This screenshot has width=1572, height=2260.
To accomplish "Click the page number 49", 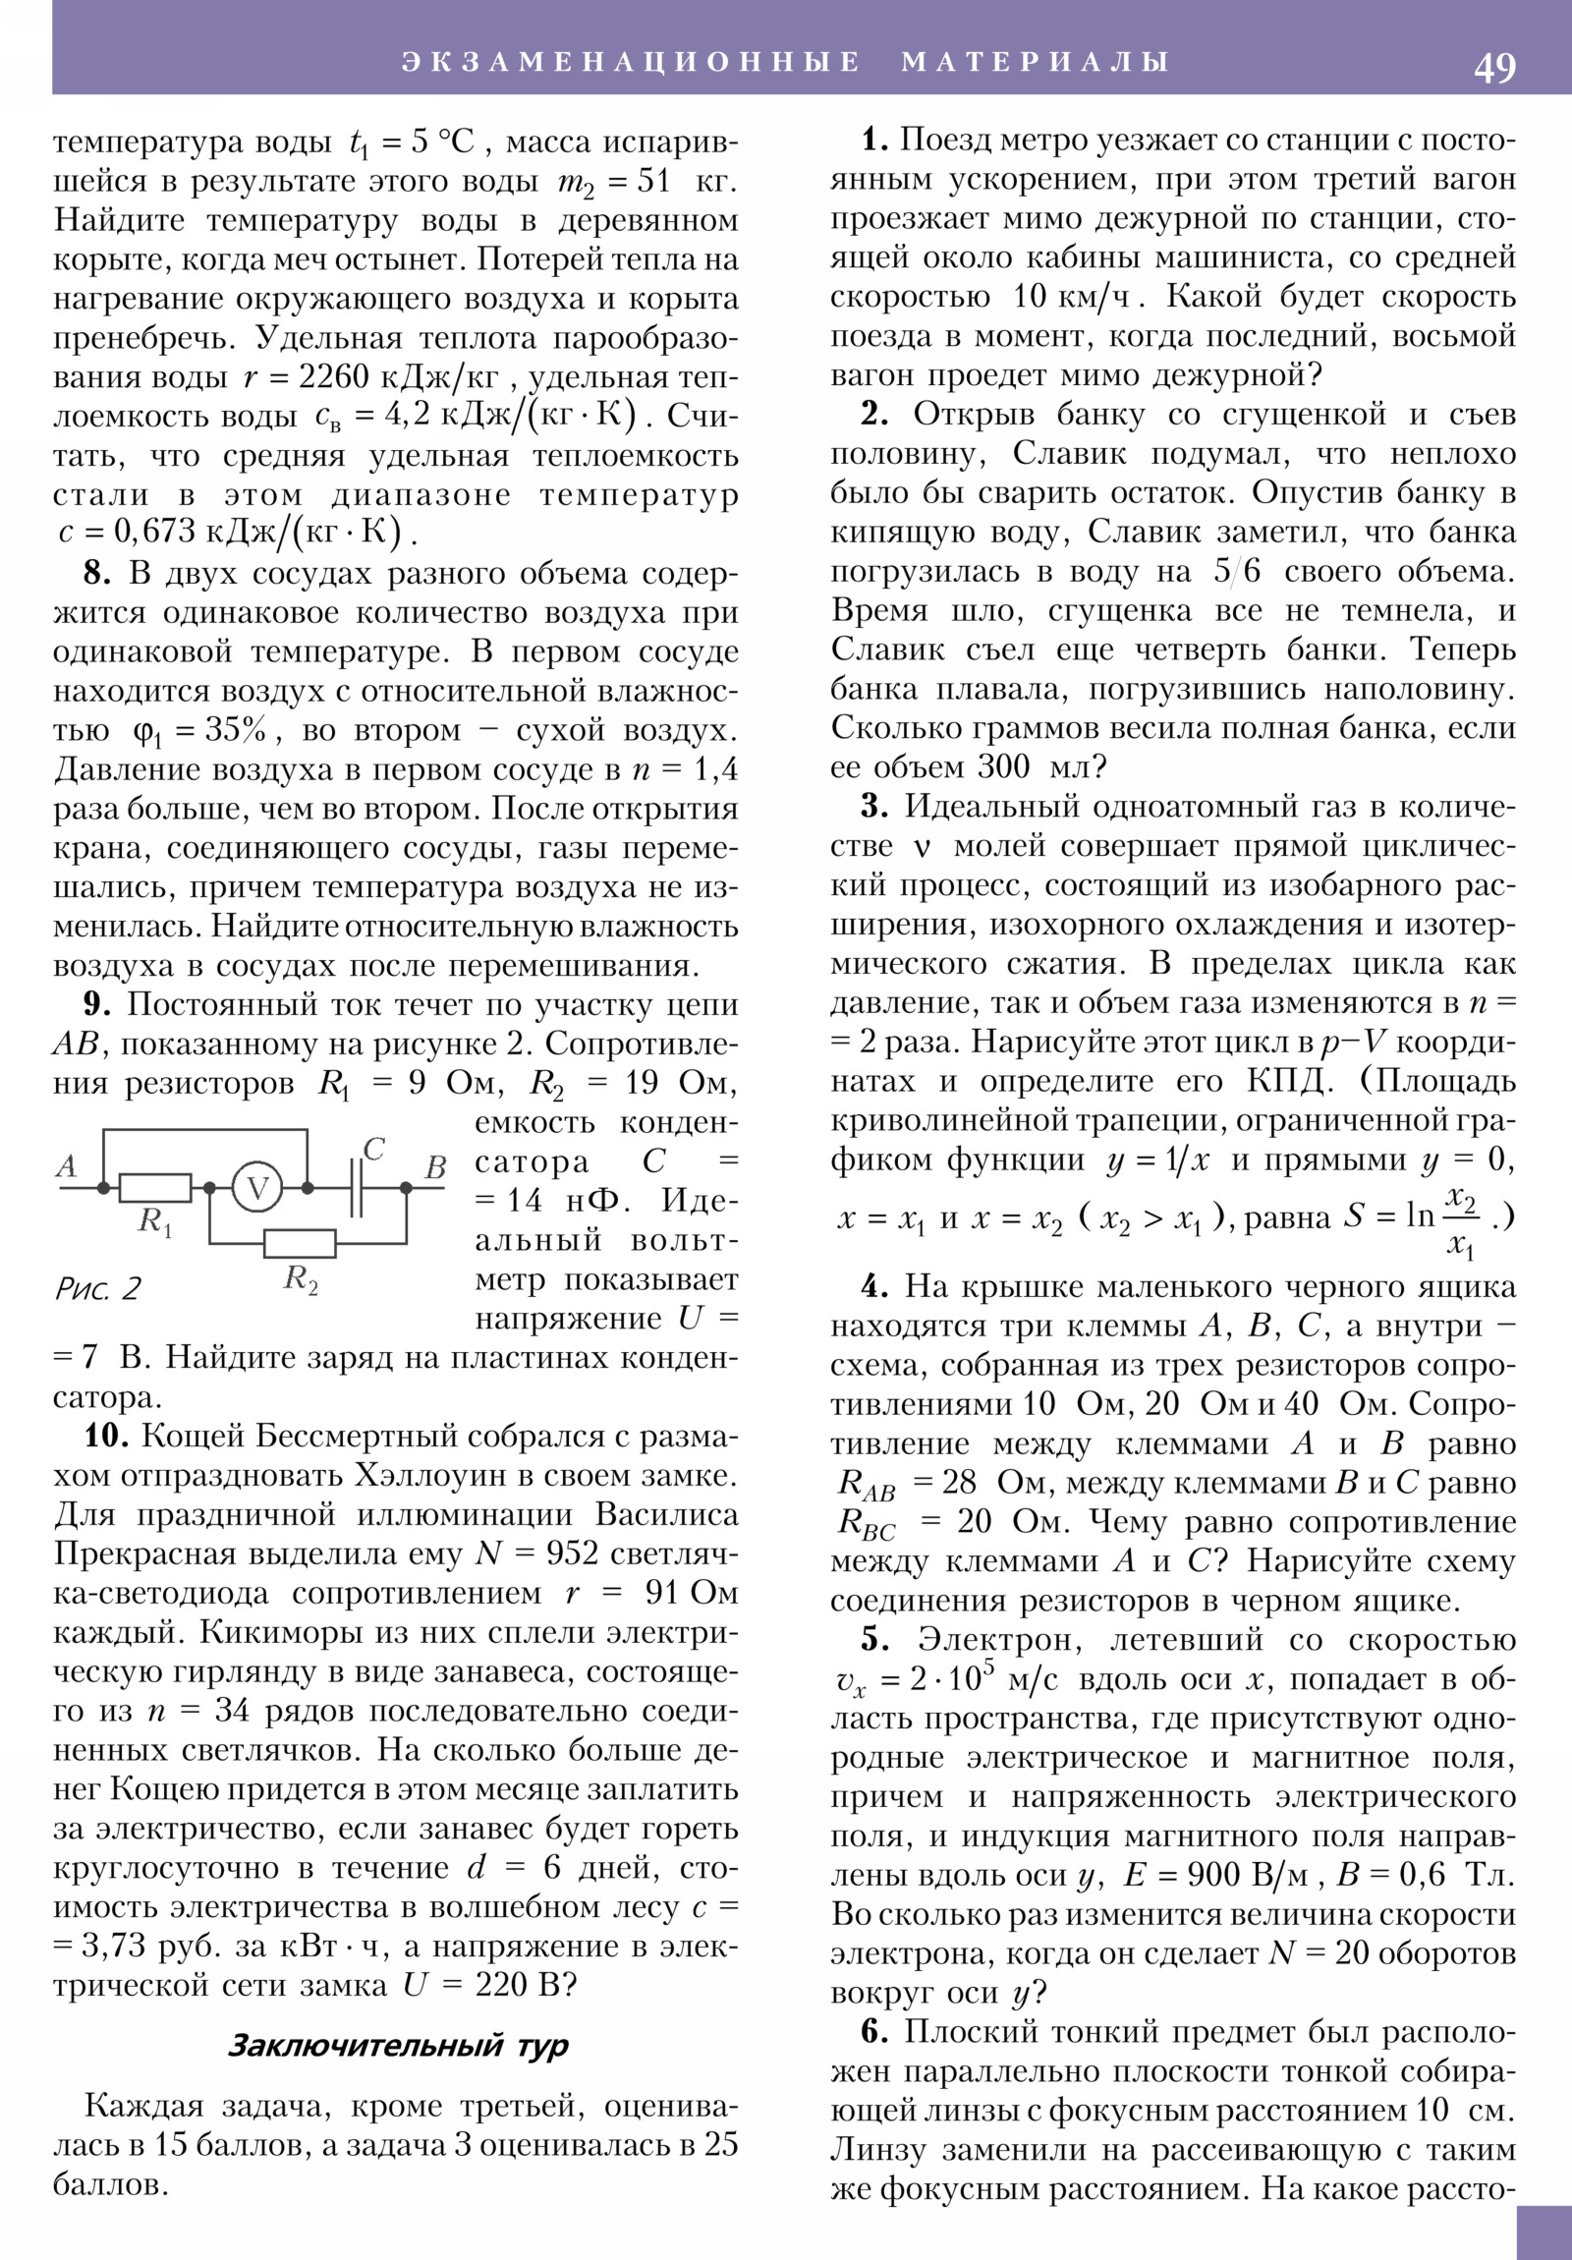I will coord(1494,68).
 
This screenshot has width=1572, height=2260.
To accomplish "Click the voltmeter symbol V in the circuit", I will coord(257,1188).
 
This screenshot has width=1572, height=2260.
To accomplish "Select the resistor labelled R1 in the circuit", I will coord(154,1188).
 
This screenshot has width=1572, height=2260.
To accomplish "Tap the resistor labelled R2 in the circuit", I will coord(300,1243).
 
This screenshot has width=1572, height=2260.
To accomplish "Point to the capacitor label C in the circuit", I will coord(373,1149).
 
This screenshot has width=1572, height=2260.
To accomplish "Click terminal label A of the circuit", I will coord(66,1166).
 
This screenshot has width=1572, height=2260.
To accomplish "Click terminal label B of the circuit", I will coord(435,1168).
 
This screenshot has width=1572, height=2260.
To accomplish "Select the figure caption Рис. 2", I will coord(98,1288).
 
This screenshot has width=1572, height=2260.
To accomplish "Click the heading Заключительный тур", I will coord(398,2046).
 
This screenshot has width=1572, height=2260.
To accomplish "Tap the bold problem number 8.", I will coord(96,574).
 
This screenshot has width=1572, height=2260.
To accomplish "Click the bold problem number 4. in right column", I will coord(875,1286).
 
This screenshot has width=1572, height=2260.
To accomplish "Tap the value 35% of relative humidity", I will coord(236,730).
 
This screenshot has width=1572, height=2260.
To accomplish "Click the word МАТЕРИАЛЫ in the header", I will coord(1036,62).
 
